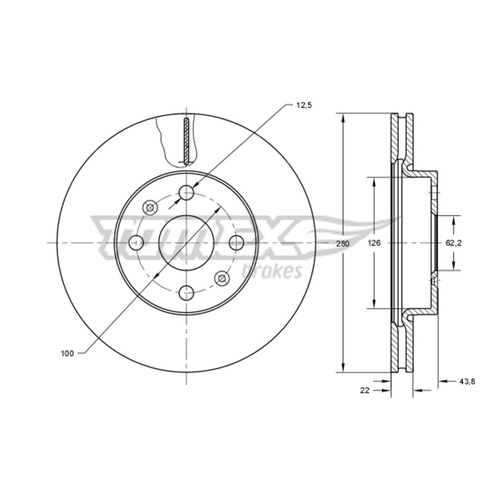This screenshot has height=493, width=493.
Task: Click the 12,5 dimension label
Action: [303, 105]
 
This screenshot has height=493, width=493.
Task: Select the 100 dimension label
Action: [67, 353]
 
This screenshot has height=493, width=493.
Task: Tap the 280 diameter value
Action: [343, 243]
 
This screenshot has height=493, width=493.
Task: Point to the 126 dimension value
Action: [374, 243]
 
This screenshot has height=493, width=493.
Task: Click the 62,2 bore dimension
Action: [454, 243]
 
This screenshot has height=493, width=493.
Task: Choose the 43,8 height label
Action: [467, 381]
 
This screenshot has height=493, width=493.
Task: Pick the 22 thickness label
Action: [365, 391]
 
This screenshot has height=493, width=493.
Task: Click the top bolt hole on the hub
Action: [187, 192]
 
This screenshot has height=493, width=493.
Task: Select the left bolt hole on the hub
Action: [136, 243]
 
